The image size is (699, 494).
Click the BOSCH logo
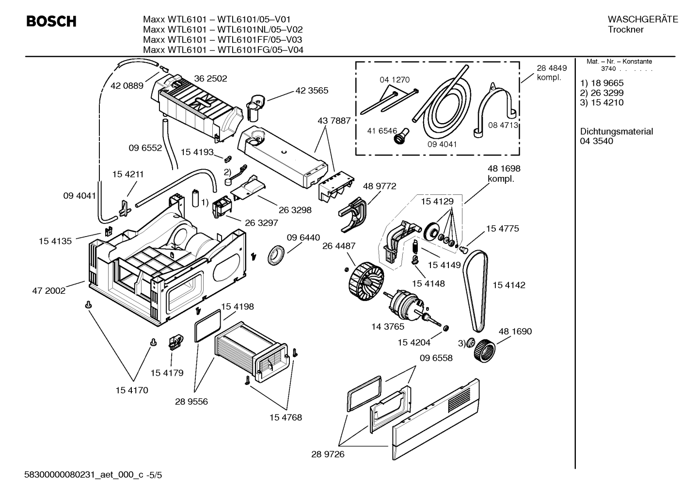point(51,21)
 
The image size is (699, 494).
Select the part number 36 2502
point(210,79)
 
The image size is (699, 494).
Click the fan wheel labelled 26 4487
point(366,281)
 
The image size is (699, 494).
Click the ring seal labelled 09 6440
point(276,255)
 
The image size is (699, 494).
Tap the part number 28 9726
point(328,454)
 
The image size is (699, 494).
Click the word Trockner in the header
point(625,30)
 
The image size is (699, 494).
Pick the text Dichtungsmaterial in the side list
point(616,131)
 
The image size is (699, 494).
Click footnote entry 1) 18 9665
point(602,83)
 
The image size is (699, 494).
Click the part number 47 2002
point(48,290)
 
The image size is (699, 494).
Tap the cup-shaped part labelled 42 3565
point(255,108)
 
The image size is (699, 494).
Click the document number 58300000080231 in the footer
point(59,475)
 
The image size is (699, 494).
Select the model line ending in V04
point(223,49)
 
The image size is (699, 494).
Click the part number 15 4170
point(132,390)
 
